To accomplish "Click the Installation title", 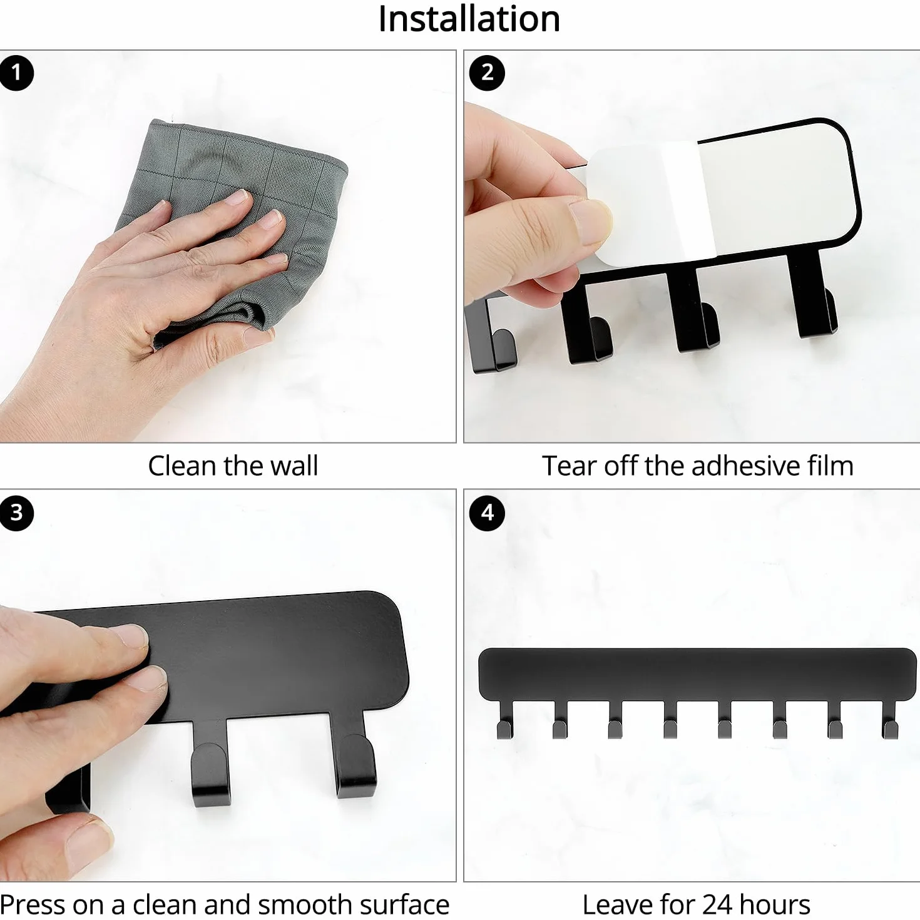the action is coord(469,19).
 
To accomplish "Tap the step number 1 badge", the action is coord(16,73).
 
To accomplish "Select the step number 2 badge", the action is coord(487,73).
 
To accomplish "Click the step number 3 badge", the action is coord(16,513).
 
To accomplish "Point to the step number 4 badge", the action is coord(487,513).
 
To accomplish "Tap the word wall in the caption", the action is coord(294,466).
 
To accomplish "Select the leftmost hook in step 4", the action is coord(504,720).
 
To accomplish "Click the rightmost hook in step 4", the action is coord(889,720).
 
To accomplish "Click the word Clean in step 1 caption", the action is coord(183,466).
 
